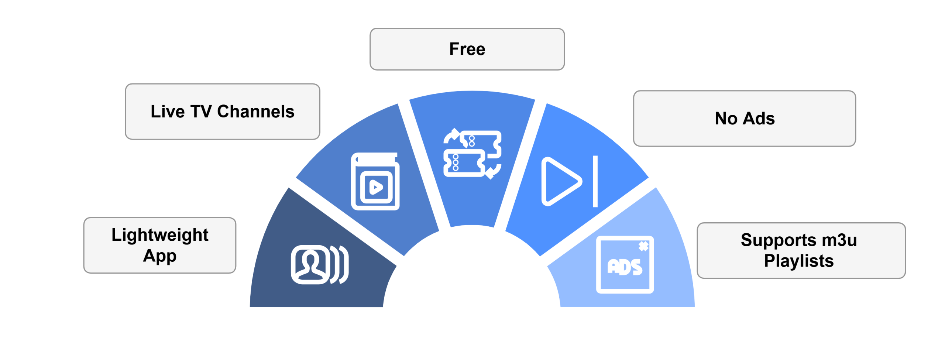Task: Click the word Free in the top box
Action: [467, 49]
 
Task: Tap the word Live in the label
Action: [167, 112]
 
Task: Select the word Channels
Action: [255, 112]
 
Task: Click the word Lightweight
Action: [160, 236]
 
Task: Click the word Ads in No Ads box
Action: [759, 119]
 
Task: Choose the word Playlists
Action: [799, 261]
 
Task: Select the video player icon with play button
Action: [375, 181]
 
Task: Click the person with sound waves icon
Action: [319, 264]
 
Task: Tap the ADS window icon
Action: [625, 265]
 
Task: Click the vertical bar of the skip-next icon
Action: [595, 181]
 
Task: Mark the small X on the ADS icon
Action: [643, 246]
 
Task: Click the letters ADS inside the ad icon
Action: [625, 267]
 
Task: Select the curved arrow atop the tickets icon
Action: [451, 136]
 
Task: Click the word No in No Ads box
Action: [726, 119]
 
